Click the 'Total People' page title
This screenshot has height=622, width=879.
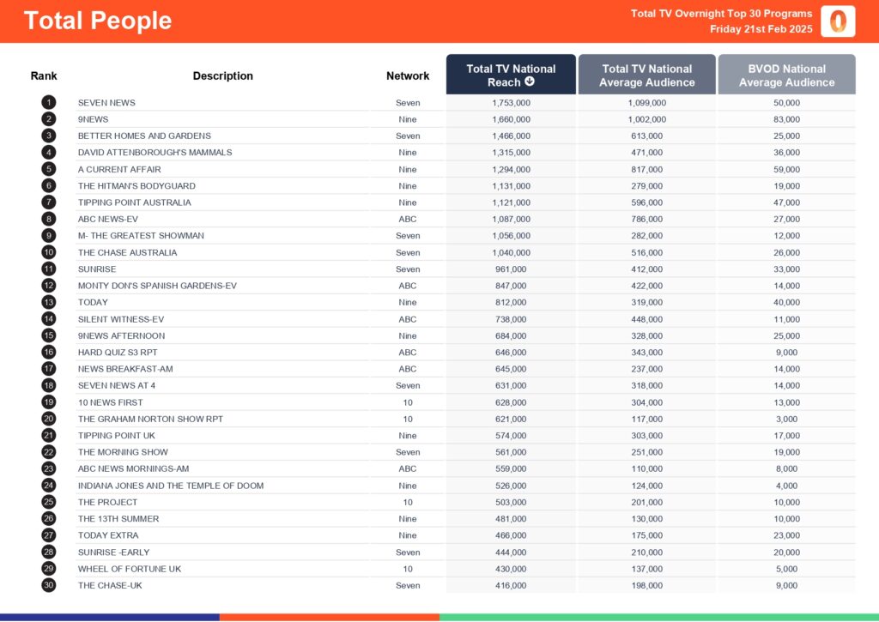[98, 21]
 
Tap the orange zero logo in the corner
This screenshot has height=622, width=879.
[838, 21]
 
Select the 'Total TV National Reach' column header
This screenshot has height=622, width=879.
[511, 75]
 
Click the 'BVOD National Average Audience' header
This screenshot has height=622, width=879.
[786, 75]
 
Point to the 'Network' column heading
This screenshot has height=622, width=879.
[408, 75]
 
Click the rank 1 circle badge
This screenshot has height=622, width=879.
[48, 103]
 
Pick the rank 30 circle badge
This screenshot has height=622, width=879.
[48, 585]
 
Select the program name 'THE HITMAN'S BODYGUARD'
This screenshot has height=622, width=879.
[136, 186]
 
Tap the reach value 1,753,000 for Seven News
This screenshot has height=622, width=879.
[511, 103]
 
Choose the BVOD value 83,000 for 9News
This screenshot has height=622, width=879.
[786, 119]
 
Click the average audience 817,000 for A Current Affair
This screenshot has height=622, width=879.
[646, 169]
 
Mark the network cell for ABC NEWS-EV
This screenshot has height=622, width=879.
[408, 220]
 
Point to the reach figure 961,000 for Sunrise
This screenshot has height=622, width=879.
[511, 269]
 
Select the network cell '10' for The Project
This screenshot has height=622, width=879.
[408, 502]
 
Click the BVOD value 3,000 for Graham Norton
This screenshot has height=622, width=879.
[786, 419]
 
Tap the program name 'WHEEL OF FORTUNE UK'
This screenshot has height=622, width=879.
[130, 569]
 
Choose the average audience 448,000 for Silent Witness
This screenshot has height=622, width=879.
[646, 319]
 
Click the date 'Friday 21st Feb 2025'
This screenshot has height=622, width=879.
[761, 29]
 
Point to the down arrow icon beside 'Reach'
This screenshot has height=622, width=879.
[530, 82]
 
